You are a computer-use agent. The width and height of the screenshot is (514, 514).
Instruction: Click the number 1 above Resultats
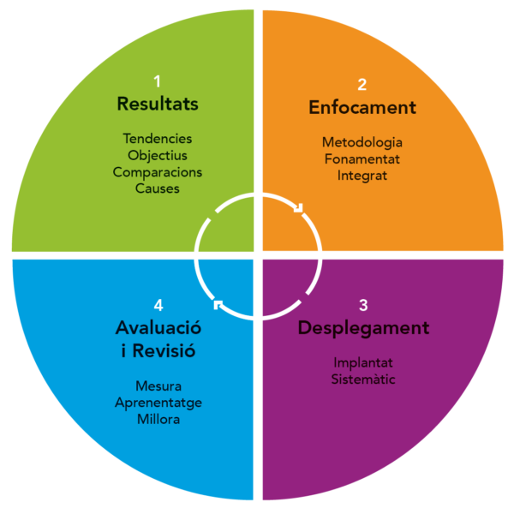(158, 81)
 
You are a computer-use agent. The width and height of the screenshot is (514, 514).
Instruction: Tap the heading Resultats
(158, 104)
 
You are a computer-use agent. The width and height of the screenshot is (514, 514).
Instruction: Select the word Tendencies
(158, 139)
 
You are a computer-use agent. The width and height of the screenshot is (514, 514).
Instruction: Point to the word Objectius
(158, 155)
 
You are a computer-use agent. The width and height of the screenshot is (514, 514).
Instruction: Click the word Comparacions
(158, 172)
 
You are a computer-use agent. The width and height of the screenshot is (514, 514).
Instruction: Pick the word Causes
(158, 188)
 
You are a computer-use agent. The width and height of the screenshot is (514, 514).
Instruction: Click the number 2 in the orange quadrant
(362, 85)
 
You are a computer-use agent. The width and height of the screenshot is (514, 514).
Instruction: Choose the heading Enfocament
(362, 107)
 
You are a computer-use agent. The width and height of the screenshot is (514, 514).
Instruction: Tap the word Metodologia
(362, 143)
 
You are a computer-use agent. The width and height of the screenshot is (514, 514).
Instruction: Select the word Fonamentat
(362, 159)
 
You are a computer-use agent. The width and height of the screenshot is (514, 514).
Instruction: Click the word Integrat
(362, 176)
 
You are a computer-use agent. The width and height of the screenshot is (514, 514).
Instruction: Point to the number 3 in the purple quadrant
(363, 305)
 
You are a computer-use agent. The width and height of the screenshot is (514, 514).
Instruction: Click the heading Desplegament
(363, 328)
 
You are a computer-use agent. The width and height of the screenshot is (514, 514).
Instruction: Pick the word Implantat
(363, 363)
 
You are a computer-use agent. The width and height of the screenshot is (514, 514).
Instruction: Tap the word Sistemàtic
(363, 380)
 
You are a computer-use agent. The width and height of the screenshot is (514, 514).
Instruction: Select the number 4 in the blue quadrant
(158, 305)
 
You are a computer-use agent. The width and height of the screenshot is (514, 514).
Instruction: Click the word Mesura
(158, 386)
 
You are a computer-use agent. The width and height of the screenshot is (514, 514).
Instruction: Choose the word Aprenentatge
(158, 403)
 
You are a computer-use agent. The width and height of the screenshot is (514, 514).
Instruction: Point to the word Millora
(158, 420)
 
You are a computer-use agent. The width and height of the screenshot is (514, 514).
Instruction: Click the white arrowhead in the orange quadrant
(299, 208)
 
